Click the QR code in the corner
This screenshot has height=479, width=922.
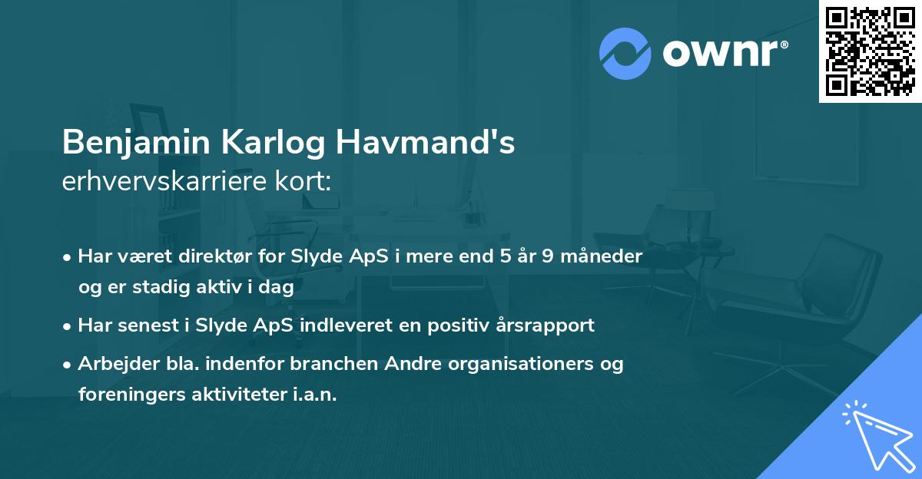870,51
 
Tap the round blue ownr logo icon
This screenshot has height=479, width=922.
625,54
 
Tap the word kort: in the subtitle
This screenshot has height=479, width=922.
310,183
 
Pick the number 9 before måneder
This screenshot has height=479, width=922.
549,256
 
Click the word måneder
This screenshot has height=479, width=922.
603,256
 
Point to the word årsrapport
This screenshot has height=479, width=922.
549,325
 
